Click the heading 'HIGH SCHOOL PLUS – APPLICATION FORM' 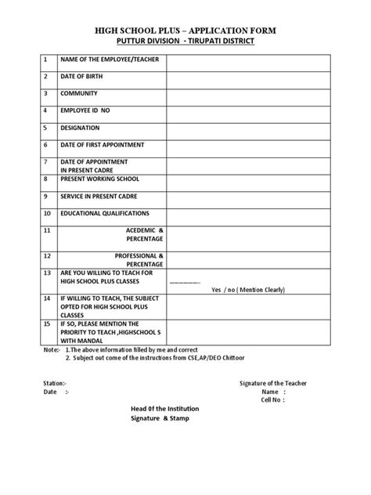point(185,30)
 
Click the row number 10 point(47,213)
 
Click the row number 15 point(47,323)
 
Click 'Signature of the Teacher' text point(272,382)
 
